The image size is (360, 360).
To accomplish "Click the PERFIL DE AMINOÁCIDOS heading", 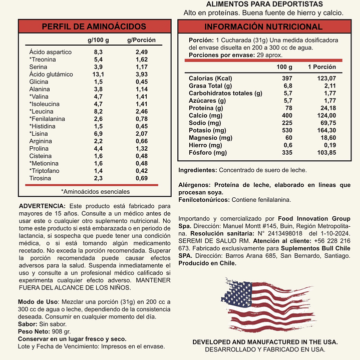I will click(94, 27).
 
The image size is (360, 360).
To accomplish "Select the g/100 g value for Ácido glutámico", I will click(98, 74).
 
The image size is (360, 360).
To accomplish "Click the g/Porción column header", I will click(141, 40).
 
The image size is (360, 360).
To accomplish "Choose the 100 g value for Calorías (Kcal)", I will click(287, 79).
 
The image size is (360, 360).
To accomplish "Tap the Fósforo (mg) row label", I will click(207, 153).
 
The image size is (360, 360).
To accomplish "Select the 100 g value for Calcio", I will click(287, 116).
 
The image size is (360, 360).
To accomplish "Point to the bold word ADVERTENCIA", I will click(42, 206).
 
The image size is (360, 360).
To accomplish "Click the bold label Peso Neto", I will click(34, 331).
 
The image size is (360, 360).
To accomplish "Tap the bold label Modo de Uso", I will click(38, 302).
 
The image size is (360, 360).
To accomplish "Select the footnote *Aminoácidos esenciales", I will click(95, 191).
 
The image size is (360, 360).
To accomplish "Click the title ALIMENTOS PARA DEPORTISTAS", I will click(264, 4).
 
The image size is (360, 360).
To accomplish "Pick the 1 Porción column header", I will click(322, 67).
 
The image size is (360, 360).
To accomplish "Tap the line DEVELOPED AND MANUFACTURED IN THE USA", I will click(265, 342).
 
